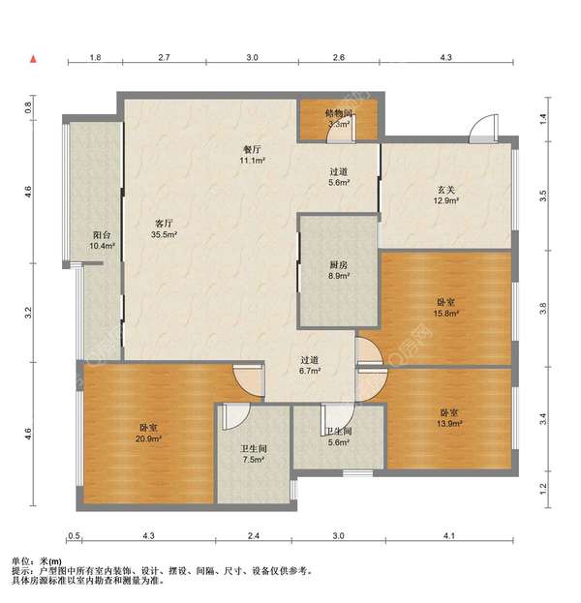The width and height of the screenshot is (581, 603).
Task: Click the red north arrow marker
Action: click(34, 59)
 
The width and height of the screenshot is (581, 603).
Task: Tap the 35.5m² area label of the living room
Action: click(164, 234)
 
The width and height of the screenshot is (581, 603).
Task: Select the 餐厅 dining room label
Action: click(252, 149)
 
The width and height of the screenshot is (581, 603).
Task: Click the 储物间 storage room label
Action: click(339, 113)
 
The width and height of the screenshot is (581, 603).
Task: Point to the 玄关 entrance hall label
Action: click(446, 190)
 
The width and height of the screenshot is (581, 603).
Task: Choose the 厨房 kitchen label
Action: click(339, 264)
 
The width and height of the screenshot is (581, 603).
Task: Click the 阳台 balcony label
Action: click(102, 234)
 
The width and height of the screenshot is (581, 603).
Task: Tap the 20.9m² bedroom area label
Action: click(148, 438)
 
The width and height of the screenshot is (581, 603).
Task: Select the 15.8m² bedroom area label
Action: click(446, 314)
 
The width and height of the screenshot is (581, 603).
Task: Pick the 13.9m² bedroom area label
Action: click(449, 423)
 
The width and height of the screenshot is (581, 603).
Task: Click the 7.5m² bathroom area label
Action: click(253, 460)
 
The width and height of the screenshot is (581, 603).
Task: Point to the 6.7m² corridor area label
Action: click(310, 371)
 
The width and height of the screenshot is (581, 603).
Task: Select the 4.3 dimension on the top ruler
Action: click(445, 57)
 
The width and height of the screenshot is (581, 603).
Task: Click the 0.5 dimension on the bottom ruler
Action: click(74, 535)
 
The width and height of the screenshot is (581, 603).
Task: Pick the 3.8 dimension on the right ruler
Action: click(543, 309)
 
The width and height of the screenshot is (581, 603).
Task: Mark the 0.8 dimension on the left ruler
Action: click(28, 107)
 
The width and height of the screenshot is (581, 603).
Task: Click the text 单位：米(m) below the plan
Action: click(37, 561)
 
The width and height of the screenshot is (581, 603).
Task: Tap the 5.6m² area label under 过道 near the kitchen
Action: click(339, 183)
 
